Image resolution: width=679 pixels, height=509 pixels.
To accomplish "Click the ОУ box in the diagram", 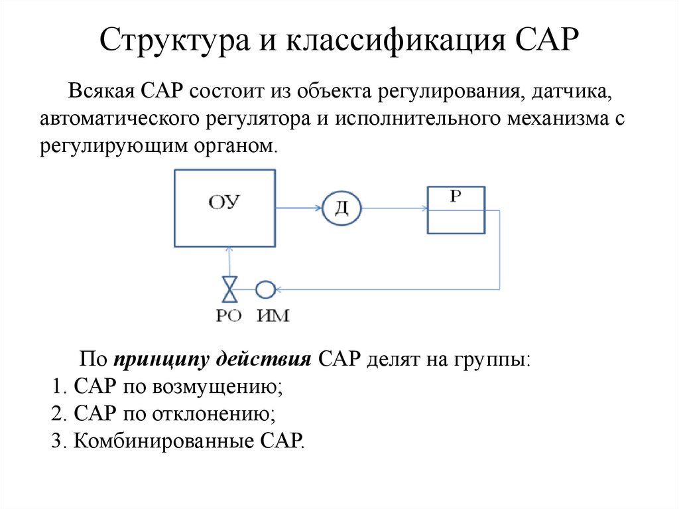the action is [x=225, y=207].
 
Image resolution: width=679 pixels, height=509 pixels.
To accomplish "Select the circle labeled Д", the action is [x=341, y=209].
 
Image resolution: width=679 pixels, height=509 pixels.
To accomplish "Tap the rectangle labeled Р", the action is [x=455, y=210].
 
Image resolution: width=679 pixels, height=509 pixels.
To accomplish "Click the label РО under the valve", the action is [x=229, y=317].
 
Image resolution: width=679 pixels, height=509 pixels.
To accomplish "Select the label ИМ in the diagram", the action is [x=273, y=317].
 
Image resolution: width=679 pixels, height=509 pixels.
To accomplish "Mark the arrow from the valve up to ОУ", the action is [x=229, y=261].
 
